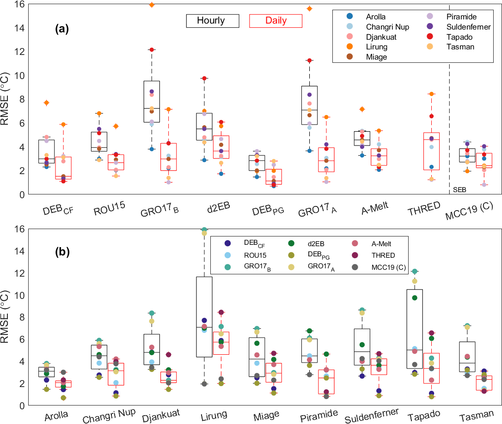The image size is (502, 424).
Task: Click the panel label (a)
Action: (62, 30)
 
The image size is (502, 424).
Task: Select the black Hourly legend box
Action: (212, 21)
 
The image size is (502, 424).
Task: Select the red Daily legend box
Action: (275, 21)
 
